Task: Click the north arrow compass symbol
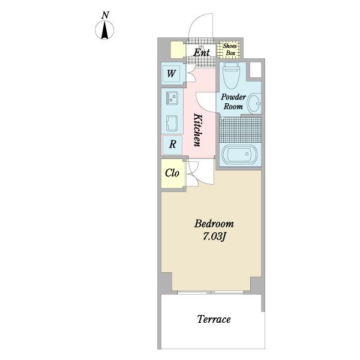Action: pos(104,30)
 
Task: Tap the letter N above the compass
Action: pos(106,15)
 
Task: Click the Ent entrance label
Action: pos(202,53)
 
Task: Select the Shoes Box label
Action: pos(230,49)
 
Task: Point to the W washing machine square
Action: pos(171,74)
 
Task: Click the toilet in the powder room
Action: pos(231,75)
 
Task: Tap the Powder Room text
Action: pos(233,101)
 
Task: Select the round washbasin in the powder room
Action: pos(254,103)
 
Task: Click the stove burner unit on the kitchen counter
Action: pos(172,98)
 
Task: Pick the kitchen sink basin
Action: pos(172,123)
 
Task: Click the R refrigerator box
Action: pos(172,145)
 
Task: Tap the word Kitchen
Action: pos(198,130)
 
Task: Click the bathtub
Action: pos(240,154)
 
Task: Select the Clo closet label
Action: pos(172,173)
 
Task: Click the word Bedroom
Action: pos(214,224)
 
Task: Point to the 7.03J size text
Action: pos(214,236)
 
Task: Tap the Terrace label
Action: pos(214,319)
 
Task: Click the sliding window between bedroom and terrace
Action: pos(211,292)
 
